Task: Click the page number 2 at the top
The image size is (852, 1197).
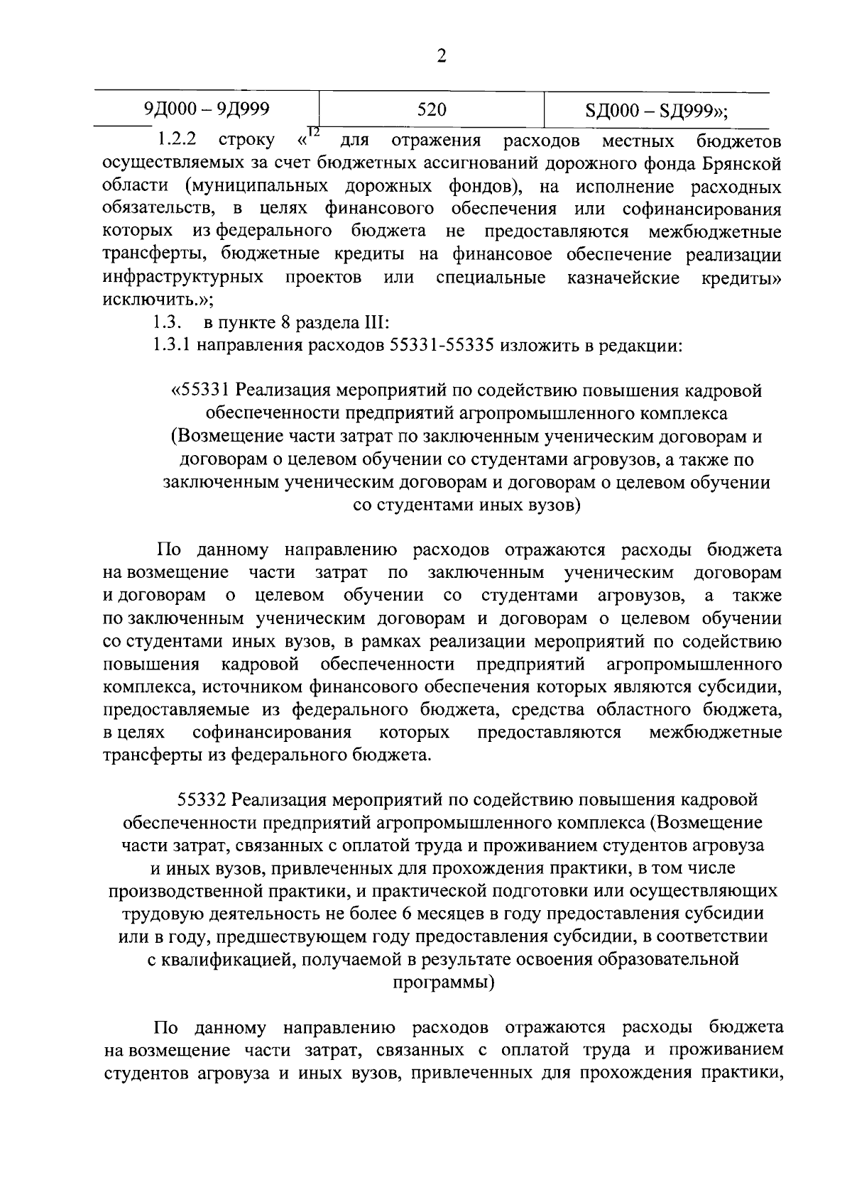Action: click(441, 57)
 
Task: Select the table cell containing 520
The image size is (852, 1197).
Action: click(432, 110)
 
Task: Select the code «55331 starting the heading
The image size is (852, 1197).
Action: click(202, 390)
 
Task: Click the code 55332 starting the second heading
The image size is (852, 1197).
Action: click(202, 800)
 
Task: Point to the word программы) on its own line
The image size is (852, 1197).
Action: click(444, 983)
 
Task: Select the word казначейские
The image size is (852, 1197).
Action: click(623, 277)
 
